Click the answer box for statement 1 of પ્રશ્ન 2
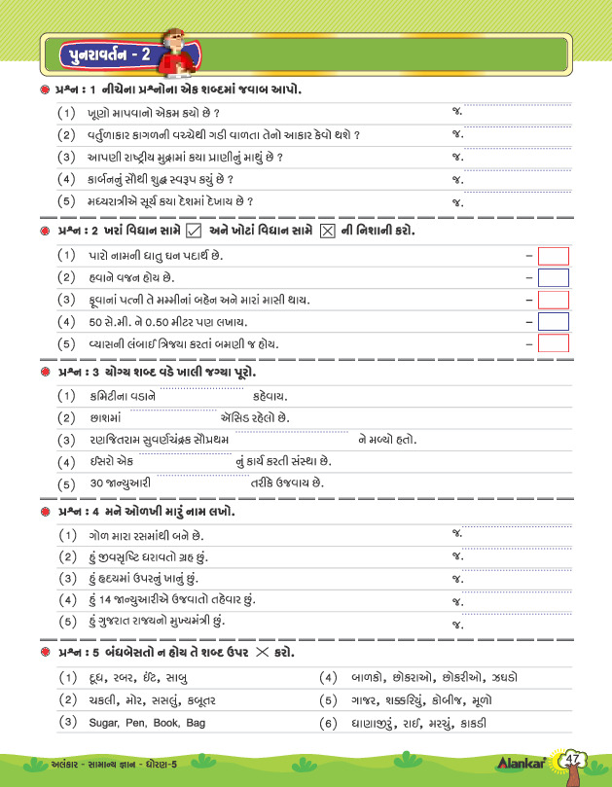pos(553,256)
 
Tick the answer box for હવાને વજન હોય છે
pos(553,277)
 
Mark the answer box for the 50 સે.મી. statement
pos(553,321)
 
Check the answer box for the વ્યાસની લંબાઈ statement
pos(553,342)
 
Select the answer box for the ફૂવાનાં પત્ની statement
pos(553,300)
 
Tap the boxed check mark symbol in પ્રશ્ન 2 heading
pos(193,231)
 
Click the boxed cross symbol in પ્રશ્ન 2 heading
pos(328,231)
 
